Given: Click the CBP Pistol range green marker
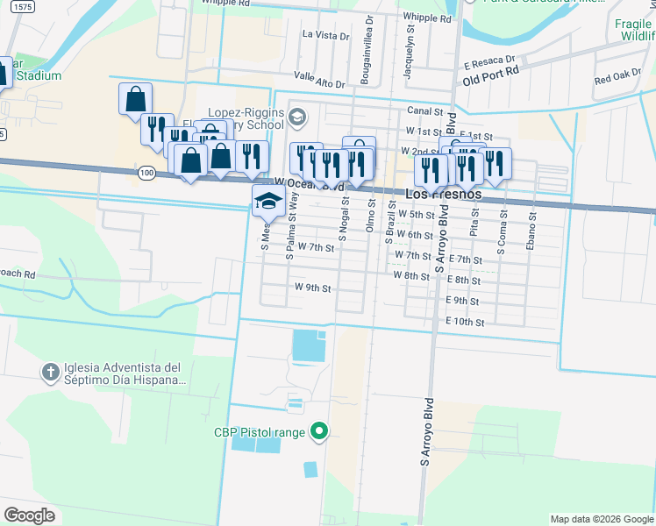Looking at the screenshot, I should click(x=320, y=431).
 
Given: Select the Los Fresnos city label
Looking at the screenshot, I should click(x=444, y=194).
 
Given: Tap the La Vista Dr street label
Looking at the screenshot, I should click(x=325, y=35).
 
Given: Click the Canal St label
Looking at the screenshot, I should click(x=424, y=111).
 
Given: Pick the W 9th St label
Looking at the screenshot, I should click(x=312, y=288).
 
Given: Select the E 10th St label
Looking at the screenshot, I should click(x=465, y=323).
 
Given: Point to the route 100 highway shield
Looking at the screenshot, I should click(x=146, y=173).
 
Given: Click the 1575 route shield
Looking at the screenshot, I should click(x=24, y=6).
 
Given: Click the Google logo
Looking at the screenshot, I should click(x=30, y=515).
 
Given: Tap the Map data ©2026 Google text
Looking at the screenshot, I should click(x=601, y=519).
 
